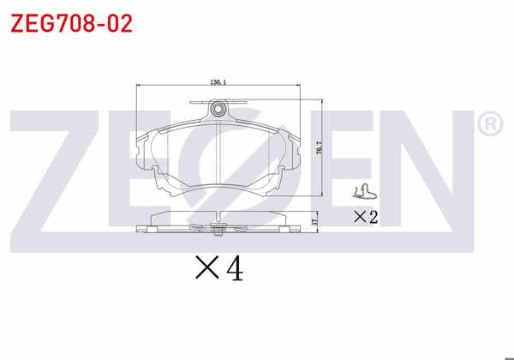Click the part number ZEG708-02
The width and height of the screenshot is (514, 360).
click(x=71, y=23)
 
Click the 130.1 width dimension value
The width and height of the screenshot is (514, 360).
click(x=218, y=82)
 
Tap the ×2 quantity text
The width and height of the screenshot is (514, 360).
click(x=366, y=217)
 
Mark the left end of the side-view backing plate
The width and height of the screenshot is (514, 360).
click(x=140, y=229)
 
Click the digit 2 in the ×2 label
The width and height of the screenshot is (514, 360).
click(x=373, y=217)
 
